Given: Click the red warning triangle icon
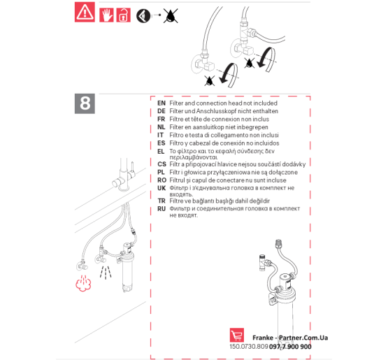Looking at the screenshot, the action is point(85,12).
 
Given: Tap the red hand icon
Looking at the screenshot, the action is point(106,15).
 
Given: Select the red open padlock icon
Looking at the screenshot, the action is point(123,15).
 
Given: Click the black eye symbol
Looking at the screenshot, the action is point(143,16).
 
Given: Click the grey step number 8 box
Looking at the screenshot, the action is point(85,103).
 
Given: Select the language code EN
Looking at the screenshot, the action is point(161,103).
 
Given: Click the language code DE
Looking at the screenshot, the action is point(161,111).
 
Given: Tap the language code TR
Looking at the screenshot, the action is point(161,201).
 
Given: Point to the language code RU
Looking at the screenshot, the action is point(161,209).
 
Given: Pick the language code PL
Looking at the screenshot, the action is point(161,172).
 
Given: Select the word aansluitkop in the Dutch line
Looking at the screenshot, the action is point(208,127).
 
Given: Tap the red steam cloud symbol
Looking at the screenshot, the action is point(83,283).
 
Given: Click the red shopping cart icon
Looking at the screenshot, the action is point(237,335).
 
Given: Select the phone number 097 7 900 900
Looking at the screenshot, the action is point(290,347).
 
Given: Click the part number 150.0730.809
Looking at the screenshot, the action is point(249,347).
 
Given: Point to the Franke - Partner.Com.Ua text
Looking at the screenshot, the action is point(290,338).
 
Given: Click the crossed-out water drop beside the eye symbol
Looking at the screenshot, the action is point(171,16).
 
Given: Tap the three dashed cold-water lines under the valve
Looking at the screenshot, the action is point(106,272).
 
